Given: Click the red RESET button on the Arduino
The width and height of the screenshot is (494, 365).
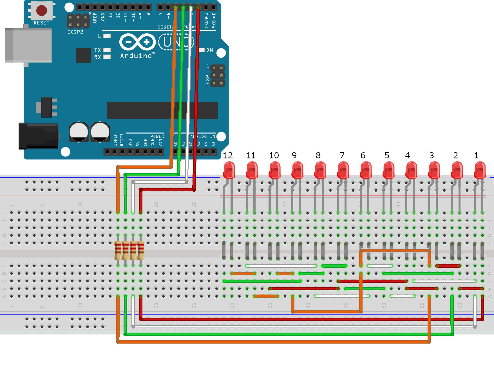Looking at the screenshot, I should tap(42, 11).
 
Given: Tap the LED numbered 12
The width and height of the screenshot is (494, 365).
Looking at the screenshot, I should tap(229, 170).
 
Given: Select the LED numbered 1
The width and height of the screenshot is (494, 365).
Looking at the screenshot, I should tap(480, 170).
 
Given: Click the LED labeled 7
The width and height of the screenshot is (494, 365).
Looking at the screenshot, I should tap(343, 170).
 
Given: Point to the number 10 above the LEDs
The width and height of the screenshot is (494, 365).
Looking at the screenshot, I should tap(274, 156).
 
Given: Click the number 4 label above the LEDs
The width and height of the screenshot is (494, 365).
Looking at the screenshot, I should tap(408, 156).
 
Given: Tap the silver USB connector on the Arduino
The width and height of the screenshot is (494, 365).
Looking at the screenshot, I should tap(28, 45).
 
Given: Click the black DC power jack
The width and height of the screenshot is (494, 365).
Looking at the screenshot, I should tap(38, 136).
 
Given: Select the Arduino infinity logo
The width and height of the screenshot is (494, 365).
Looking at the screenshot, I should tap(137, 42).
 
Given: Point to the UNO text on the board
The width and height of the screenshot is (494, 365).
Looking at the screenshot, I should tap(176, 42).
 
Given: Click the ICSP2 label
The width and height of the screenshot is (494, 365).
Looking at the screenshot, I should tap(75, 32).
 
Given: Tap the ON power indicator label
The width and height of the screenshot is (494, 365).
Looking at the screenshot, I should tap(209, 50).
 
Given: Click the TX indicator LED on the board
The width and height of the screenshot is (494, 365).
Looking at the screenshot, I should tap(107, 50).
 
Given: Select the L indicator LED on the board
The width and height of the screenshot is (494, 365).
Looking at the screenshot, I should tap(107, 36).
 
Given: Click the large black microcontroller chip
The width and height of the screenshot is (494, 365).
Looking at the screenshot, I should tap(162, 110).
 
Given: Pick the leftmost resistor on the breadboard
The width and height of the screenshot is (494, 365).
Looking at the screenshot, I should tap(118, 250).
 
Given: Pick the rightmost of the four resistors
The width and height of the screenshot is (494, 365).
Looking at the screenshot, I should tap(141, 250).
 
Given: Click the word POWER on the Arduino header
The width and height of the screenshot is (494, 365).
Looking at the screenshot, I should tap(157, 136).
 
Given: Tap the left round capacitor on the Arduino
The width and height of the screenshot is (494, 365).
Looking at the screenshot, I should tap(79, 132).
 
